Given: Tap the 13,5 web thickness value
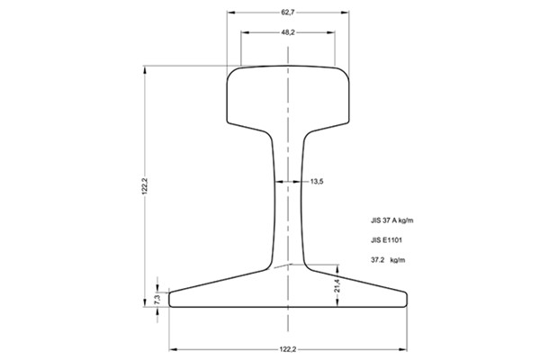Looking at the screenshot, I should [x=316, y=182].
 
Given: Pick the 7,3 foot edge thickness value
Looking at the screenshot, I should [x=157, y=298].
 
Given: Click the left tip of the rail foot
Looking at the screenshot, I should [x=170, y=299].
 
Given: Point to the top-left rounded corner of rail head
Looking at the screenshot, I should [x=230, y=72].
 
